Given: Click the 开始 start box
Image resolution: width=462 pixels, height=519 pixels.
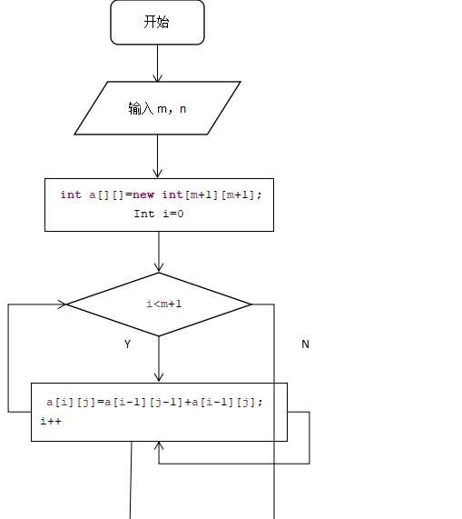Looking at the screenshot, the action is point(157,22).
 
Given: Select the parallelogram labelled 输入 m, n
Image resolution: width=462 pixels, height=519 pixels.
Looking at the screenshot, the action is point(158,108).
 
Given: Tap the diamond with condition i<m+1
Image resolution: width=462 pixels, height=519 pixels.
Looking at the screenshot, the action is point(159,304).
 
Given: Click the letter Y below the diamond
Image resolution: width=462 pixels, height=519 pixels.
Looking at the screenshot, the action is point(128,344).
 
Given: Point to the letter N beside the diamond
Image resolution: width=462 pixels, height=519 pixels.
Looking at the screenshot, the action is point(305,344).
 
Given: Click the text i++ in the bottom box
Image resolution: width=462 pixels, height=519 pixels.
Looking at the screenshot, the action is point(51,421).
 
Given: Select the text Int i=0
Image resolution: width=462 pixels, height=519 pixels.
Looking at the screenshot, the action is point(159,214).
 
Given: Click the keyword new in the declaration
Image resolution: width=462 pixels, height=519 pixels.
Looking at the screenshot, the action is point(143,195).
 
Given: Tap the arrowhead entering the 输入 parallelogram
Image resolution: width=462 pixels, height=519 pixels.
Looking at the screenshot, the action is point(158,78).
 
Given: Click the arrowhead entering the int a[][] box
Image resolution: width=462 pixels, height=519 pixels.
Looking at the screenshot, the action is point(158,173).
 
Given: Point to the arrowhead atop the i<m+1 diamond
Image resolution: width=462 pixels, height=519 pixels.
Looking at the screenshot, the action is point(159,267).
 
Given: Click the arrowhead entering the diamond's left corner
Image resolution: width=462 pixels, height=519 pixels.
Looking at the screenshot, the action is point(62,304).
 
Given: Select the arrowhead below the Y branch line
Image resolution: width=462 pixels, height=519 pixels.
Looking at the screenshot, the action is point(159,376).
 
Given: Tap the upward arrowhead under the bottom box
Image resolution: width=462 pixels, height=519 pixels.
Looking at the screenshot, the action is point(159,446).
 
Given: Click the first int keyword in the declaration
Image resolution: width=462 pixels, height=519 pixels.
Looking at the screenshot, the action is point(71,195).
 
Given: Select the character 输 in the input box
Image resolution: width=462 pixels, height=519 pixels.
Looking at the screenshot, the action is point(134,108).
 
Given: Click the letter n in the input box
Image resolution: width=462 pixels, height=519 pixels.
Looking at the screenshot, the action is point(182,109).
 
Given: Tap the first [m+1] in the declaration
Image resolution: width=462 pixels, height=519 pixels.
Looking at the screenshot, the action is point(202,195).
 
